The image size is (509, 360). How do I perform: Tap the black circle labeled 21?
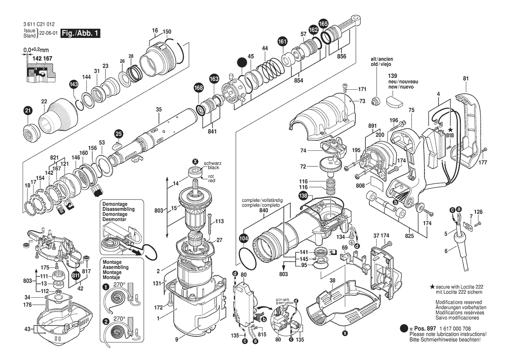click(x=27, y=111)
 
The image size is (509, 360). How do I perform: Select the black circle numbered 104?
click(x=243, y=238)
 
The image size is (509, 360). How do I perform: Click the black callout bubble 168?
click(x=199, y=88)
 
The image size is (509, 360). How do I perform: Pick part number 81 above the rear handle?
click(x=466, y=78)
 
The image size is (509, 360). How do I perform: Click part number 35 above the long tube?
click(x=158, y=109)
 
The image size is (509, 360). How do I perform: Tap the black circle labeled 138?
click(x=303, y=197)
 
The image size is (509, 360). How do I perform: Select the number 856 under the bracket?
click(x=341, y=56)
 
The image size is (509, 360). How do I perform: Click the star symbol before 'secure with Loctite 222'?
click(x=432, y=286)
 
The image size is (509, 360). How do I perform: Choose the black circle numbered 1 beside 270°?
click(x=106, y=287)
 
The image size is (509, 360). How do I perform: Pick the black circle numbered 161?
click(x=283, y=42)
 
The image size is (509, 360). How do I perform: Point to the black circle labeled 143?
click(x=74, y=84)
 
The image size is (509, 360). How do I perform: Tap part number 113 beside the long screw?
click(x=219, y=221)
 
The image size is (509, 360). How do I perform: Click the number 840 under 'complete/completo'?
click(x=264, y=210)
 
